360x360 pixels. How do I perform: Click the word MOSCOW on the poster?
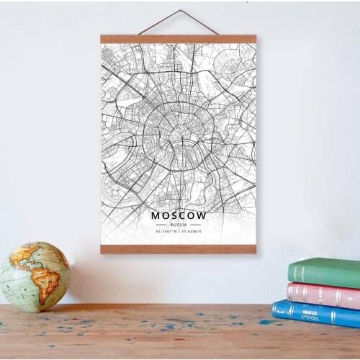[179, 215]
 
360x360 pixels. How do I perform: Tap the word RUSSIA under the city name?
[179, 224]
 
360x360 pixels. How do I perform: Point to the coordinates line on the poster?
[179, 232]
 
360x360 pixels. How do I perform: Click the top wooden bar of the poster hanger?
[179, 39]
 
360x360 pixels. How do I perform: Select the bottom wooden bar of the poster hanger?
[179, 249]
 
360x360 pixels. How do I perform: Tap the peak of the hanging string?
[180, 12]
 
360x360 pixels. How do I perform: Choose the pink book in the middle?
[324, 294]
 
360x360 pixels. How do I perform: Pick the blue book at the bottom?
[317, 314]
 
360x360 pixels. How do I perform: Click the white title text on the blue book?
[310, 313]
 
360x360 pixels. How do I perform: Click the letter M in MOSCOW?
[156, 215]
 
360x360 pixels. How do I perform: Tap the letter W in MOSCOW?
[202, 215]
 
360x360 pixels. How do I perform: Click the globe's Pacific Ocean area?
[16, 281]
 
